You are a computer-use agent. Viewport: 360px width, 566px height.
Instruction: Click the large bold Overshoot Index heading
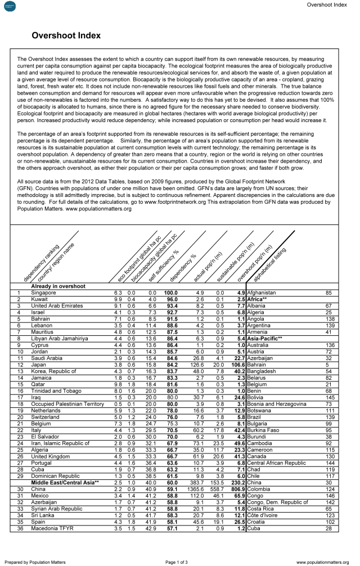tap(66, 35)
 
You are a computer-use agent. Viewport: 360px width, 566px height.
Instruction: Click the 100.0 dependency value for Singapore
tap(171, 293)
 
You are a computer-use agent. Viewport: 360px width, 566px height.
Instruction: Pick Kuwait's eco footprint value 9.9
tap(118, 300)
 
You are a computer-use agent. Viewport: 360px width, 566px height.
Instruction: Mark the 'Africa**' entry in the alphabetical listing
tap(259, 300)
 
